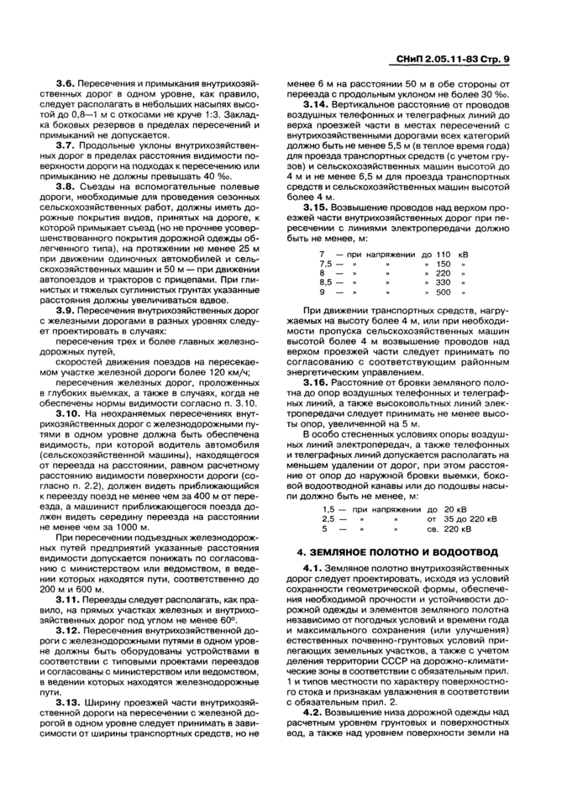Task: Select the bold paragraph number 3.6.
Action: coord(65,85)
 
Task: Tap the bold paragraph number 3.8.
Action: coord(65,189)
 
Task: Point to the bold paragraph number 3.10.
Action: coord(67,414)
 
